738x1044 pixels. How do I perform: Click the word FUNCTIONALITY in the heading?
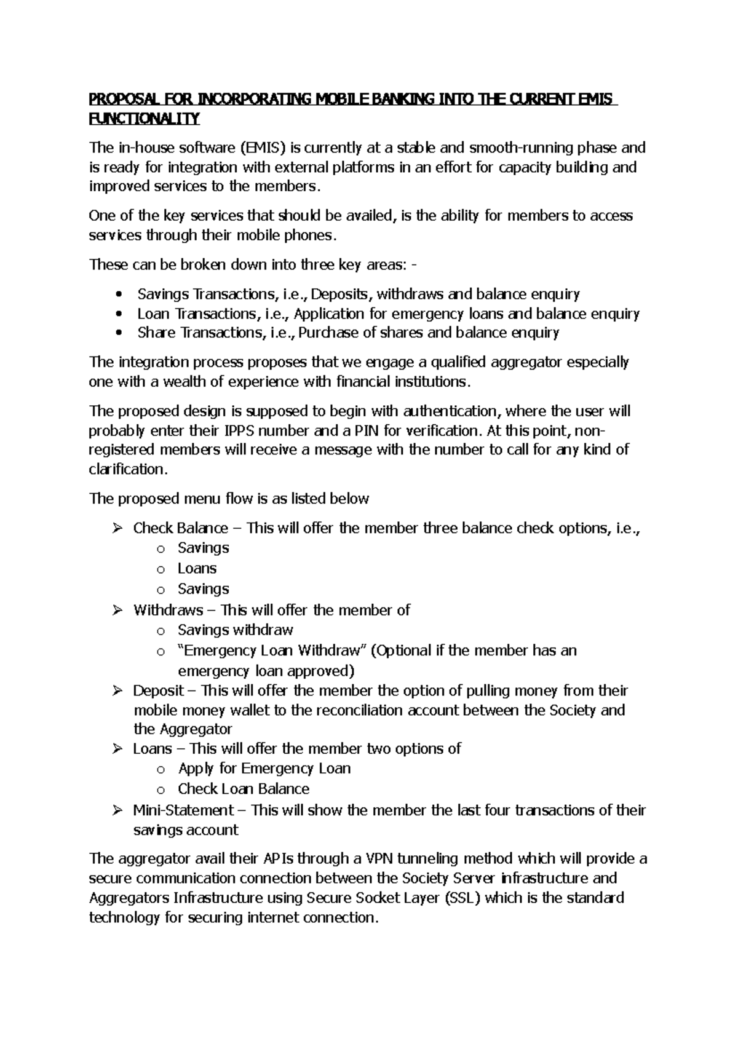[145, 119]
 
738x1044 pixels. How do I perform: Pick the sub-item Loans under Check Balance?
[197, 568]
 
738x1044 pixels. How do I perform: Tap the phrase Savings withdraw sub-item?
[235, 630]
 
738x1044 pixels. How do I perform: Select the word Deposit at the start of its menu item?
[158, 690]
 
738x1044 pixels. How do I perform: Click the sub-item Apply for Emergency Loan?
[264, 769]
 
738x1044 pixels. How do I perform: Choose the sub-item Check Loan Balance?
[244, 789]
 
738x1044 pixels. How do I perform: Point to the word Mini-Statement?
[183, 810]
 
